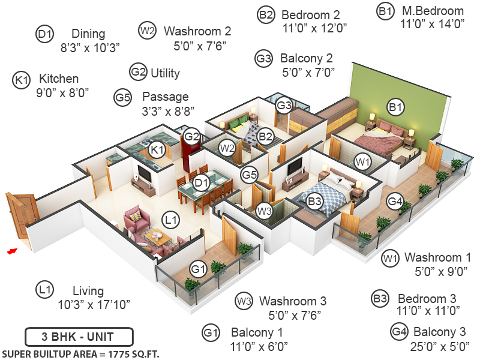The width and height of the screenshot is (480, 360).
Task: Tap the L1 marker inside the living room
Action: tap(172, 220)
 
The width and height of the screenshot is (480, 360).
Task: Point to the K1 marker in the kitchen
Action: tap(157, 149)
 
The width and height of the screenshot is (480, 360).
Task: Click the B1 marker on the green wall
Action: tap(395, 107)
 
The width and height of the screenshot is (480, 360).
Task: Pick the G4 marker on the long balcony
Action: tap(394, 202)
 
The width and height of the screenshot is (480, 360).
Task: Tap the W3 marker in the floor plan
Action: tap(265, 211)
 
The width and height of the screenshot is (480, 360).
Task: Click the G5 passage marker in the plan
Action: tap(249, 175)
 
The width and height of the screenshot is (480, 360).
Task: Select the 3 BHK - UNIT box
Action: tap(79, 337)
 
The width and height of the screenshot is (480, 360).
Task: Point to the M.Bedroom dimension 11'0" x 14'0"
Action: tap(433, 25)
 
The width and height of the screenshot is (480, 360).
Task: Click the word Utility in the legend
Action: tap(165, 73)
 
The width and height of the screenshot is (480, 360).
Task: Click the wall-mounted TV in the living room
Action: tap(144, 173)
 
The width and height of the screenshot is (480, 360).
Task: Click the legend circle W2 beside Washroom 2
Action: tap(147, 31)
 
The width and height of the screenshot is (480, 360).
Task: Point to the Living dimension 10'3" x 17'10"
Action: tap(94, 304)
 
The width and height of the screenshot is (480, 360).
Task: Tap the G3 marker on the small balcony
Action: tap(284, 106)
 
